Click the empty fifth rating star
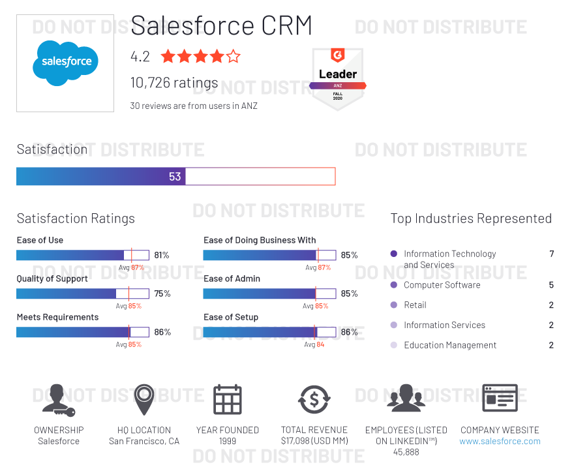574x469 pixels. [x=233, y=56]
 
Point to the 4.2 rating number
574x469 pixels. [x=140, y=57]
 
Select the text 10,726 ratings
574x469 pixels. [x=174, y=83]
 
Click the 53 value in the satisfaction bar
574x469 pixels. [x=175, y=176]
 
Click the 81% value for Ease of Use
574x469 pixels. [x=162, y=255]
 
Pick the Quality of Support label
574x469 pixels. [x=52, y=279]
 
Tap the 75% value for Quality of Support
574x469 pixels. [x=162, y=294]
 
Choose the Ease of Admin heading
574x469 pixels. [x=232, y=279]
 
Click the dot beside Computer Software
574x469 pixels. [x=393, y=285]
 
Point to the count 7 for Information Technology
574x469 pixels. [x=551, y=254]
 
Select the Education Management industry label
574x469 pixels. [x=450, y=345]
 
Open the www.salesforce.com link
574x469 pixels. [x=500, y=441]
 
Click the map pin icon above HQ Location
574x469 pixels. [x=144, y=399]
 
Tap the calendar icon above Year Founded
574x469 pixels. [x=228, y=399]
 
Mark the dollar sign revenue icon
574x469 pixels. [x=314, y=399]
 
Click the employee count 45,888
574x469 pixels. [x=406, y=452]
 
